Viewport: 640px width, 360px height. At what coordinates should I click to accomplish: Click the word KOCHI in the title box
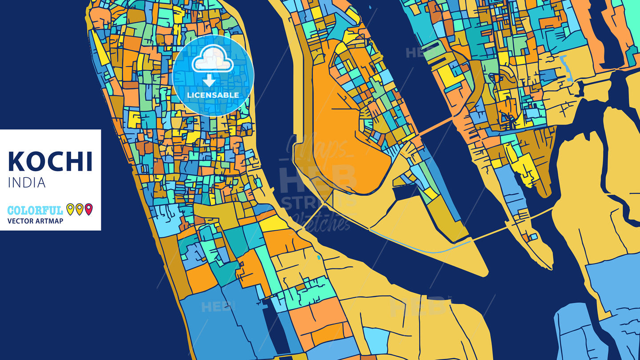pos(50,162)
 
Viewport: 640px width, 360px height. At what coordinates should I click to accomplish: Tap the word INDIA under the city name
pos(27,183)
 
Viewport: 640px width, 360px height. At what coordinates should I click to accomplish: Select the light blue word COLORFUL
pos(35,210)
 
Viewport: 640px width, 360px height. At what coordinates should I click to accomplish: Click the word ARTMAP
pos(50,221)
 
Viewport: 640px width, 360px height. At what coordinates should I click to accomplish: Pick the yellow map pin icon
pos(70,209)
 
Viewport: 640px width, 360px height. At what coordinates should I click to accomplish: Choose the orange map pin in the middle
pos(79,209)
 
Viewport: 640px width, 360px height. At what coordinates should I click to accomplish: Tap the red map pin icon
pos(88,209)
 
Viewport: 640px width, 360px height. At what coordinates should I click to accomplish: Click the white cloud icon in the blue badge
pos(212,60)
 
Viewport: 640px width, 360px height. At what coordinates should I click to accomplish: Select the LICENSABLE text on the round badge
pos(213,95)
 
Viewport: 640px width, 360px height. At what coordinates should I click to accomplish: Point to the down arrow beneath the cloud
pos(209,80)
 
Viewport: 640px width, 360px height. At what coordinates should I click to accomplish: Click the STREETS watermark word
pos(311,202)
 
